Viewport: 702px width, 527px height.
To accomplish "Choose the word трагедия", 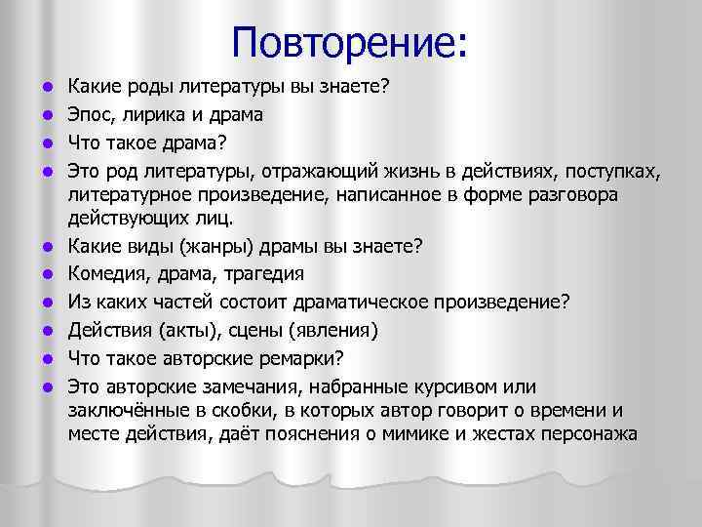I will pos(260,273).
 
